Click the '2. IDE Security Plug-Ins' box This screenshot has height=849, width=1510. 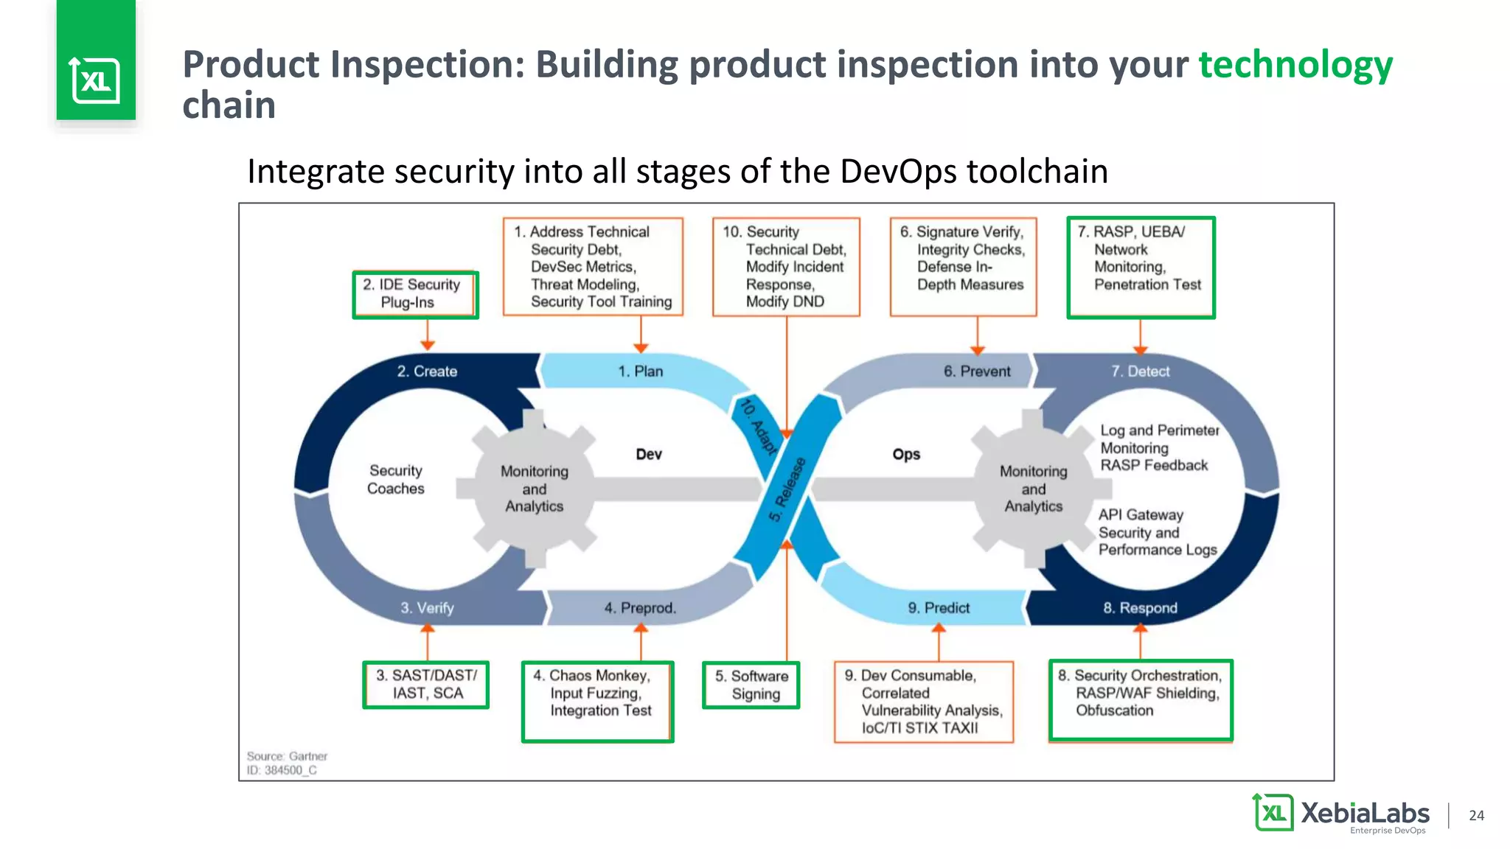pos(415,294)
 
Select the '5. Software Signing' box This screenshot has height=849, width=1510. pos(751,685)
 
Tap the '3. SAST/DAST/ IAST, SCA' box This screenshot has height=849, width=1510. pos(426,685)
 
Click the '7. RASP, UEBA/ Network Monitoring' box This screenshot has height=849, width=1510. pos(1140,267)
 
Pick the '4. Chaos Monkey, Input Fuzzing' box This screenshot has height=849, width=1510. pos(597,701)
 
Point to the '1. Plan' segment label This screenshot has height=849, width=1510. pos(640,371)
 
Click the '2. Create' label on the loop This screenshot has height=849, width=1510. pos(427,371)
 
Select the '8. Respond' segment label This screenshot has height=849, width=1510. pos(1140,608)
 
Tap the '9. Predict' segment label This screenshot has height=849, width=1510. pos(939,608)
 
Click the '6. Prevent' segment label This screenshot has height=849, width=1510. pos(977,371)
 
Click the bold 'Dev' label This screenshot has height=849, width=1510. pos(649,454)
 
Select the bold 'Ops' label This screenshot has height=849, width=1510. pos(906,454)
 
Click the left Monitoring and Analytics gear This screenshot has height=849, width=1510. pos(534,489)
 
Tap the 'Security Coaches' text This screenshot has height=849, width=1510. pos(396,479)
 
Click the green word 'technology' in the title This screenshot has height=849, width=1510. pos(1295,65)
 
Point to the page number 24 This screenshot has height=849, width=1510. pos(1476,815)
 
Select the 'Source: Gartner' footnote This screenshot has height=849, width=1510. pos(287,756)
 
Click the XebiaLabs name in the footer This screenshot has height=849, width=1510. pos(1365,813)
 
